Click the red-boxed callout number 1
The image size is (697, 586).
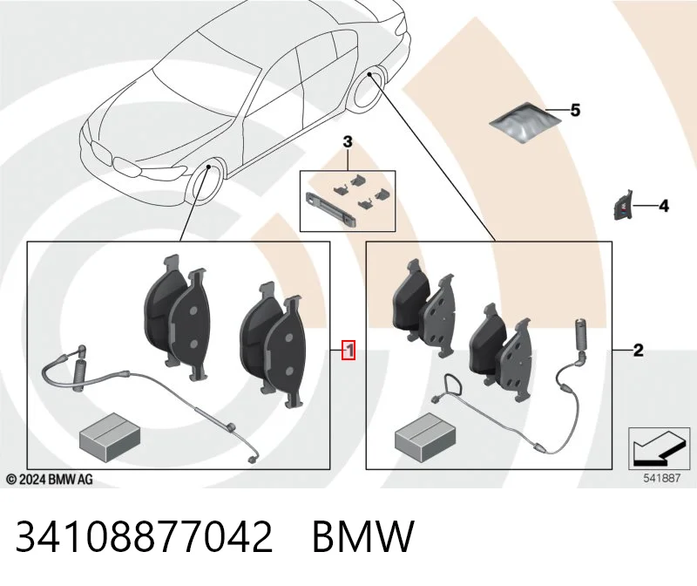point(349,351)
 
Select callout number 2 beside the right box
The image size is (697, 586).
point(638,351)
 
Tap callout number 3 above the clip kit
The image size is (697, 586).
point(347,142)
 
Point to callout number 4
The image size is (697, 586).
point(663,206)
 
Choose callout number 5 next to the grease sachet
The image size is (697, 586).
point(575,110)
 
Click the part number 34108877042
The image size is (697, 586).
point(144,536)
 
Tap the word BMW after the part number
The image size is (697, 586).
point(363,536)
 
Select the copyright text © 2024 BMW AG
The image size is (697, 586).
point(50,480)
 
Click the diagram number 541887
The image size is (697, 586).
point(662,479)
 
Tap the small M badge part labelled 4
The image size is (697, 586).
point(622,206)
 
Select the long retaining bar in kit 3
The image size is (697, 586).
point(329,208)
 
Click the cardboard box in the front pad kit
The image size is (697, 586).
point(110,437)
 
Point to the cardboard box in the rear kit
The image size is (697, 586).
point(425,437)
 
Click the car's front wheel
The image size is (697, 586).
point(206,182)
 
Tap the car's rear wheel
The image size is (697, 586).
point(369,88)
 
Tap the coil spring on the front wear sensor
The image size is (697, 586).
point(79,376)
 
